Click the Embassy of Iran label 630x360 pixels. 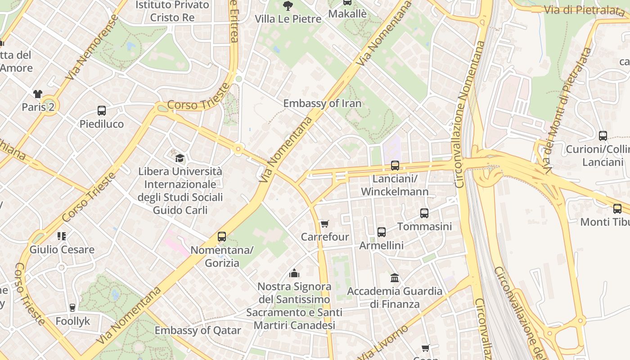(x=322, y=103)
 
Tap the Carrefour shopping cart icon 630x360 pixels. (x=324, y=224)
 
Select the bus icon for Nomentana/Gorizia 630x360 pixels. (x=222, y=237)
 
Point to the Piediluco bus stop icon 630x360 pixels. (x=102, y=111)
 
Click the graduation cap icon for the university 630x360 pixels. (x=180, y=158)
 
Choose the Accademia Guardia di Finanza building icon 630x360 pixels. (x=395, y=278)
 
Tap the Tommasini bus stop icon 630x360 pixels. (x=424, y=213)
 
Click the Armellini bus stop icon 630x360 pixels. (x=382, y=232)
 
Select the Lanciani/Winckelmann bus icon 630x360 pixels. (x=395, y=166)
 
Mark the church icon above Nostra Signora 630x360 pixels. (x=294, y=273)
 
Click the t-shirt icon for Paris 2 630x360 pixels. (x=38, y=94)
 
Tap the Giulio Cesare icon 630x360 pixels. (x=62, y=236)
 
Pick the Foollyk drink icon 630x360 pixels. (x=72, y=308)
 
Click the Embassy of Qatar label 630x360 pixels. (x=198, y=330)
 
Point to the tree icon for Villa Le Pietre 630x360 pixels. (x=288, y=6)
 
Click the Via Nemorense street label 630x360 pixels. (x=92, y=48)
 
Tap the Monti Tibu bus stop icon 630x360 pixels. (x=617, y=209)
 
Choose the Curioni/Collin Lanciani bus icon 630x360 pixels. (x=603, y=136)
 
